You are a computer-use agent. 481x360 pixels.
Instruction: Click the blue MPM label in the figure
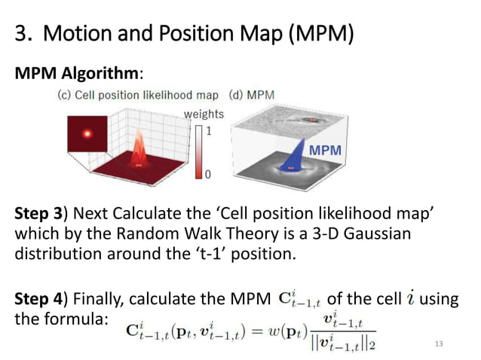325,150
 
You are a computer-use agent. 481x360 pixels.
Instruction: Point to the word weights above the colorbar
204,114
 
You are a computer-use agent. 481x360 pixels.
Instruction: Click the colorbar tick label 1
209,130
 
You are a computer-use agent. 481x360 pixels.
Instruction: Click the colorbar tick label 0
209,174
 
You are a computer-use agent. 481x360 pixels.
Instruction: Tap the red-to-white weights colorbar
198,152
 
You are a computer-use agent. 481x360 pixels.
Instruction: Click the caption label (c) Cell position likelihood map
138,96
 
